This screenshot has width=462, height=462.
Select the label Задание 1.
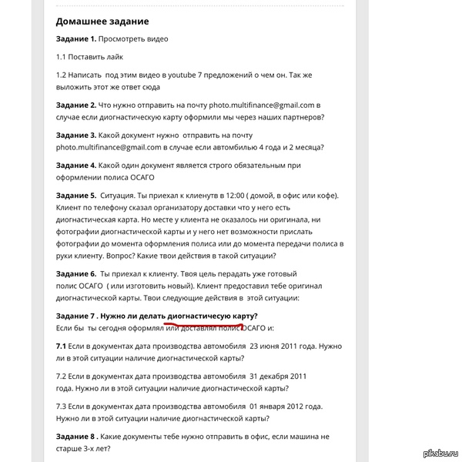tap(76, 38)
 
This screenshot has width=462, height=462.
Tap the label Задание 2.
tap(76, 104)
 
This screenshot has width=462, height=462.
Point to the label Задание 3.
tap(76, 135)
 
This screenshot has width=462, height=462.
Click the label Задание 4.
tap(76, 165)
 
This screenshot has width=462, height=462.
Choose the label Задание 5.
tap(76, 196)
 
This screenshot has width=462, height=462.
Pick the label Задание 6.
tap(76, 273)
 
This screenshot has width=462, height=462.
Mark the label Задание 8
tap(76, 437)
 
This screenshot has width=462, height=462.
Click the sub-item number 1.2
tap(62, 75)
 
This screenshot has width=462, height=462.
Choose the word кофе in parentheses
tap(316, 196)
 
